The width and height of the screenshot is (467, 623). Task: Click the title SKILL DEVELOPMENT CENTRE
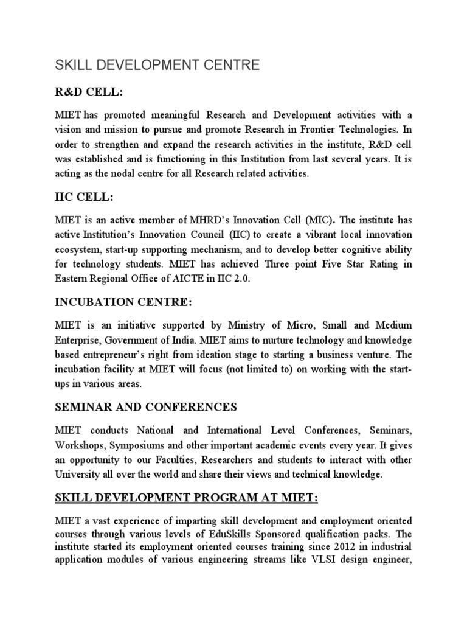(157, 65)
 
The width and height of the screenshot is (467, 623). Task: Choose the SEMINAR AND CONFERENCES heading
(145, 406)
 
